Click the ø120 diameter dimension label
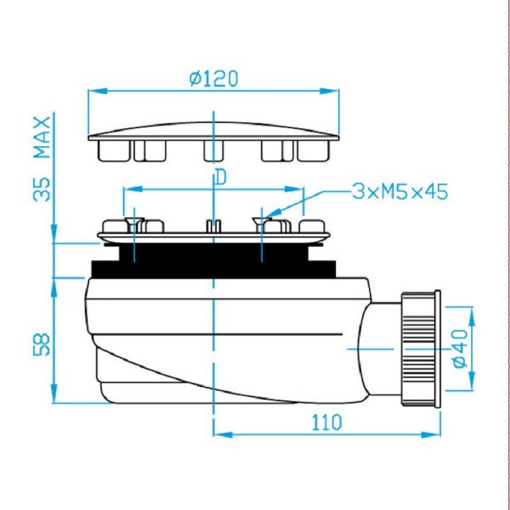214,79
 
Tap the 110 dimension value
327,422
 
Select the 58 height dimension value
42,344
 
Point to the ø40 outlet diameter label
460,348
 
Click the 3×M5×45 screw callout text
400,191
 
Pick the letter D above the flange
221,178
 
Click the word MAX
43,137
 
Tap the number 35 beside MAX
42,189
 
